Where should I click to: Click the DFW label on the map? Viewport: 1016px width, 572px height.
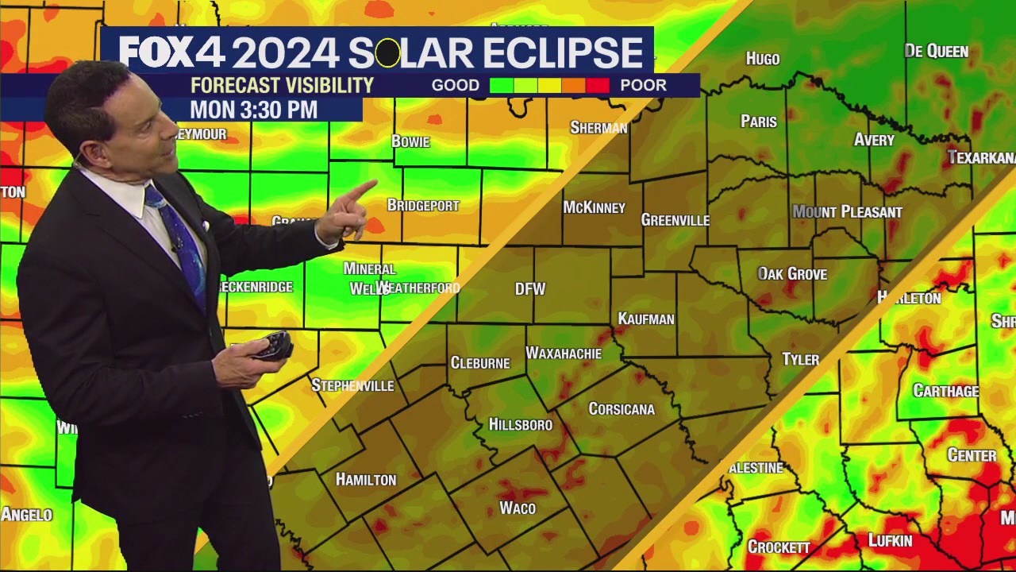(530, 289)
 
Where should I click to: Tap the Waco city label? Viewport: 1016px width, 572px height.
(518, 508)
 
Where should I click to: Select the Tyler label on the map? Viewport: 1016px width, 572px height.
(800, 359)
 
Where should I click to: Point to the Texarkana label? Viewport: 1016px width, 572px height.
(981, 157)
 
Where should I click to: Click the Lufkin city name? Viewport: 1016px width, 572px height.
(890, 541)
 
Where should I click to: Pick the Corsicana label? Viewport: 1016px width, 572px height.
(622, 409)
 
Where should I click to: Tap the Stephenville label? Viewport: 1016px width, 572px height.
(352, 385)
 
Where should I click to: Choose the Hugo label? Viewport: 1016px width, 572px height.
(763, 59)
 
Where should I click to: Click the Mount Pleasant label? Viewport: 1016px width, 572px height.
(847, 212)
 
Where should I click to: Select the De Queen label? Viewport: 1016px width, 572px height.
(937, 52)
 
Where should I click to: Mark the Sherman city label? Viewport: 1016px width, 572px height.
(598, 128)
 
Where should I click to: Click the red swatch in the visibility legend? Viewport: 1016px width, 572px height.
(598, 86)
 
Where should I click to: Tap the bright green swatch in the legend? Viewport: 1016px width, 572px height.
(502, 86)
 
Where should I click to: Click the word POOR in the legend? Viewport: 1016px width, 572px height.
(643, 86)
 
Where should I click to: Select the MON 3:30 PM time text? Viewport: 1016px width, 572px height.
(254, 110)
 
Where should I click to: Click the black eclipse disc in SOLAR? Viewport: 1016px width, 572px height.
(387, 54)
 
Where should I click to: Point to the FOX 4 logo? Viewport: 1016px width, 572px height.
(171, 53)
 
